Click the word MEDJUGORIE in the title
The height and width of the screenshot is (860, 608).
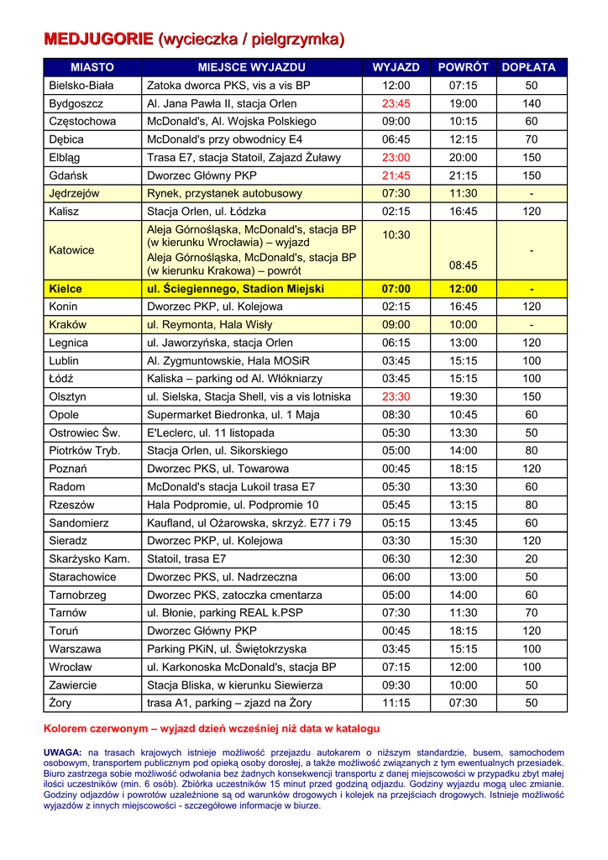click(x=98, y=39)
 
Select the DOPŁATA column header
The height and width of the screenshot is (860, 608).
click(x=529, y=67)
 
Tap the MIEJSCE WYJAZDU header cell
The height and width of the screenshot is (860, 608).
click(x=252, y=67)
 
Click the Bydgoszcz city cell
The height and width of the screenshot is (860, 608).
click(x=76, y=103)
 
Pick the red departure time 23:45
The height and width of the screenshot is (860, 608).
click(x=396, y=103)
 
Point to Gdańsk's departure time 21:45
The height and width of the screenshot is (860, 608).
click(x=396, y=176)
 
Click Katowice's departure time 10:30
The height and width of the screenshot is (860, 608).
click(x=396, y=235)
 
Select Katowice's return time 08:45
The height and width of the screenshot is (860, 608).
click(x=463, y=265)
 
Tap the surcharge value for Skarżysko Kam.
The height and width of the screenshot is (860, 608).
click(x=531, y=558)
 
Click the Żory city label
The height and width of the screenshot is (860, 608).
click(x=61, y=703)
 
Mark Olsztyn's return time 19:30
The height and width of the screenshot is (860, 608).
click(x=463, y=396)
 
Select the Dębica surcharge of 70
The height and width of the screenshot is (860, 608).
click(x=531, y=139)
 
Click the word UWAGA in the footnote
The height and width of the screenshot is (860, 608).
click(x=61, y=752)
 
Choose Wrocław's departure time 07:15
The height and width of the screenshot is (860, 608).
click(x=396, y=667)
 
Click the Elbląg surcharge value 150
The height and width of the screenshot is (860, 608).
click(x=531, y=157)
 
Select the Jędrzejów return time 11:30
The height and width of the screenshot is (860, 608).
click(x=463, y=193)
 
